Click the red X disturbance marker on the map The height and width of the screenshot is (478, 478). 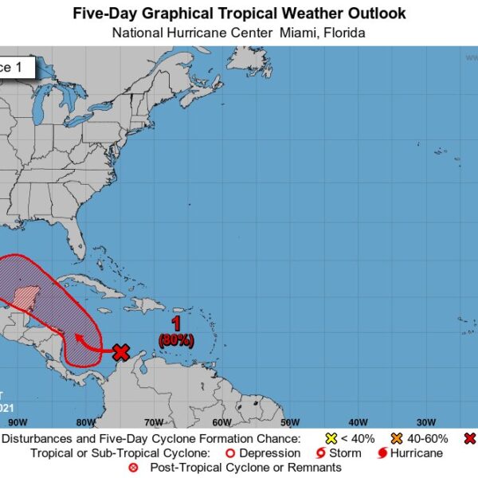121,351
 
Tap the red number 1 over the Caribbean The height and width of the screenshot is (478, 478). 178,323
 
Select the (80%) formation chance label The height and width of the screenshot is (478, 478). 176,339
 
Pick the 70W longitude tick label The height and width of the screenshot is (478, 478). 154,422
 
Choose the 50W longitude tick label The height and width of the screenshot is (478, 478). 290,422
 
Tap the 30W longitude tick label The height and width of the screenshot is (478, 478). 426,422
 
